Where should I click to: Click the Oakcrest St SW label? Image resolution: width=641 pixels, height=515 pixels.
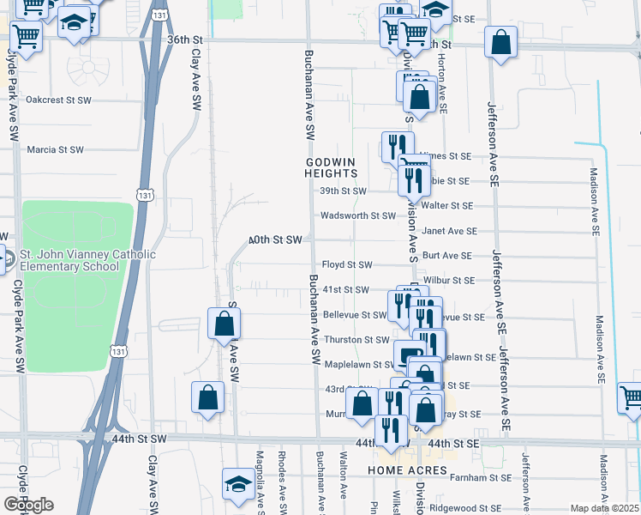pos(58,100)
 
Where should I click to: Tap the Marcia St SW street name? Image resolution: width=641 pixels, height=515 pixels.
pos(56,149)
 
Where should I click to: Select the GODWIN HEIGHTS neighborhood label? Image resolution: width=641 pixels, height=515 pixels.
pos(329,167)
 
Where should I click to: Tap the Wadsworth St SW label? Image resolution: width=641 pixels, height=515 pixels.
pos(358,216)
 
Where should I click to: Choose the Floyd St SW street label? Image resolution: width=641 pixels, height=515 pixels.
pos(346,265)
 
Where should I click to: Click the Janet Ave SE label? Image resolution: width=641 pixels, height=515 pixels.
pos(449,231)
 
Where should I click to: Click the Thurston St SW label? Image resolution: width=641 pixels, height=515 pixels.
pos(356,340)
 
